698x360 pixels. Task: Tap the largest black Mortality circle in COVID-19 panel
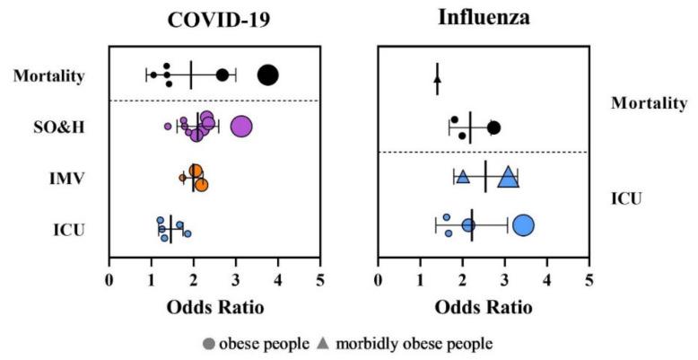pos(267,75)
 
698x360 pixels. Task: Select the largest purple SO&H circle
pos(241,127)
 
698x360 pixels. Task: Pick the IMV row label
pos(68,179)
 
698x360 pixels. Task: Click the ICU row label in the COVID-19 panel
pos(69,230)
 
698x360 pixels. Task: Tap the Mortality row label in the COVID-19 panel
pos(48,75)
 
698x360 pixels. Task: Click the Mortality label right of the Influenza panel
pos(649,103)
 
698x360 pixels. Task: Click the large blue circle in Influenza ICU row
pos(523,225)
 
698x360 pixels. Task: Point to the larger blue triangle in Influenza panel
pos(508,178)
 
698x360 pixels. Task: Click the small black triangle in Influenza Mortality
pos(437,79)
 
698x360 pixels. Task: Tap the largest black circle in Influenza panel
pos(493,127)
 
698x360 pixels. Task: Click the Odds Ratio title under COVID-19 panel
pos(214,307)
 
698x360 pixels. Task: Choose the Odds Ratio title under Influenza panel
pos(484,307)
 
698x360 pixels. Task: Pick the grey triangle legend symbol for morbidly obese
pos(321,343)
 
